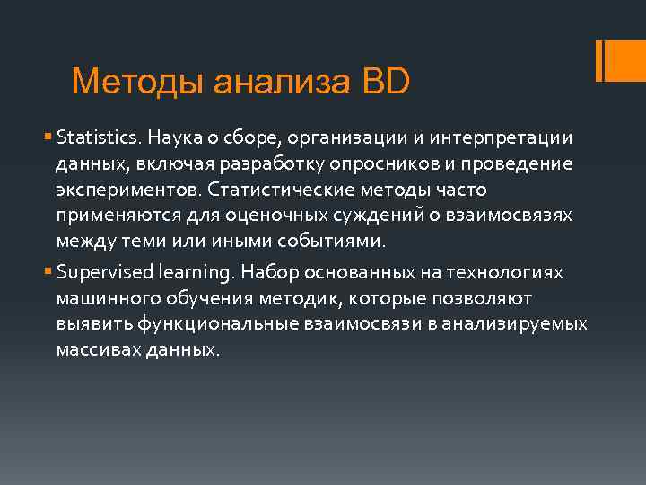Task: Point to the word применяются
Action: [x=111, y=216]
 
